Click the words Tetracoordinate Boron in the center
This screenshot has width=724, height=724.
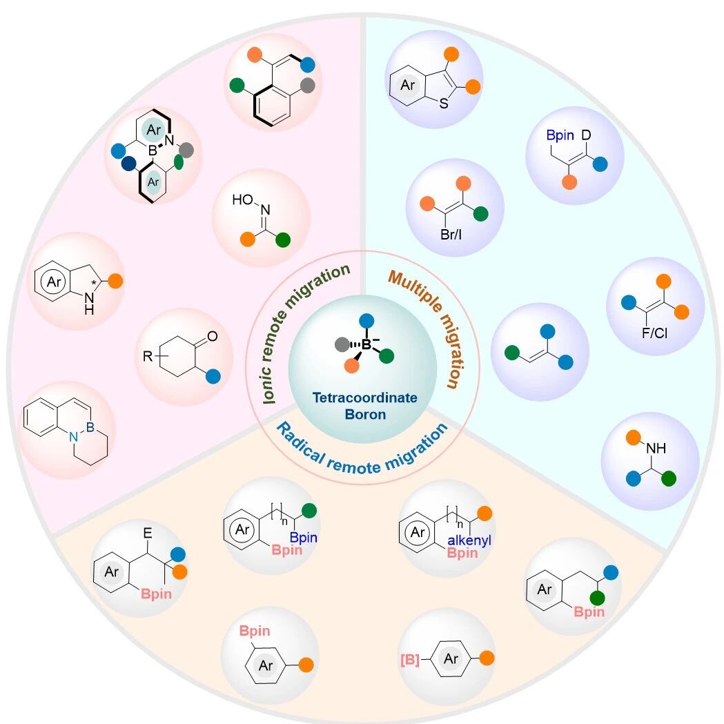click(365, 406)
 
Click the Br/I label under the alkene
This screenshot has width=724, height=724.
click(451, 235)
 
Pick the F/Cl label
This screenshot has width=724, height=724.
click(654, 333)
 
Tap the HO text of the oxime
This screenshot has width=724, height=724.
click(242, 199)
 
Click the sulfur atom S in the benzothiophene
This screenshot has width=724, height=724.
click(444, 104)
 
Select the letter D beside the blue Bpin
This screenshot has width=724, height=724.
click(586, 135)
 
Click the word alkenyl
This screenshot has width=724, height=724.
click(469, 540)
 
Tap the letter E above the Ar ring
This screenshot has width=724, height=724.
click(147, 534)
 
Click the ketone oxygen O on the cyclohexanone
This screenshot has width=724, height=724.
click(213, 336)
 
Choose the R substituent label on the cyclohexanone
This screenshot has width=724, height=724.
click(147, 356)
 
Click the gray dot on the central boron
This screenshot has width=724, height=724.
click(342, 344)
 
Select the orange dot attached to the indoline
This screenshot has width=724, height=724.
click(115, 281)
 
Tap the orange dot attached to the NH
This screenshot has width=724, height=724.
click(633, 438)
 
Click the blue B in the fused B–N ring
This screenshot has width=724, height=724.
click(90, 427)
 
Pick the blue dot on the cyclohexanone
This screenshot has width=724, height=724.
click(213, 376)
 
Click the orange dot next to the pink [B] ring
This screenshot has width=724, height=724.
click(487, 658)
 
